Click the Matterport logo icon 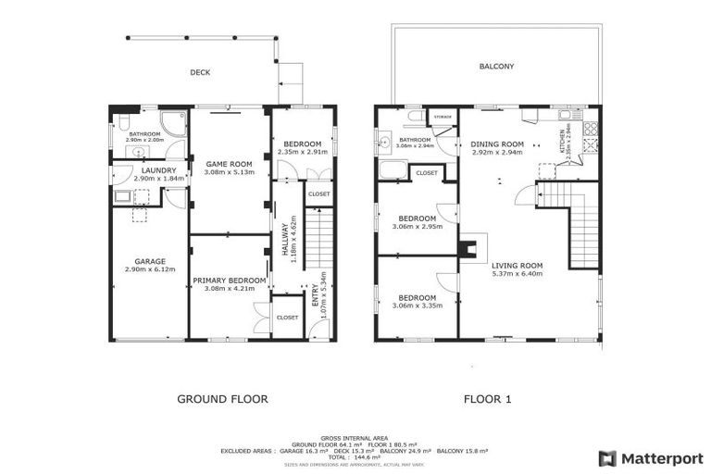[x=606, y=457]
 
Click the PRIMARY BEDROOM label [x=230, y=280]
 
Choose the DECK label [x=201, y=71]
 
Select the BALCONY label [x=496, y=67]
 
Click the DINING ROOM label [x=497, y=144]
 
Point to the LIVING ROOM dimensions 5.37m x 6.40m [x=517, y=274]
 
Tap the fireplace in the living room [x=472, y=246]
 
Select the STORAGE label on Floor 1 [x=442, y=117]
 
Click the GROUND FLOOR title [x=222, y=399]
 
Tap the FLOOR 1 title [x=489, y=399]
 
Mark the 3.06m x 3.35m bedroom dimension [x=417, y=306]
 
